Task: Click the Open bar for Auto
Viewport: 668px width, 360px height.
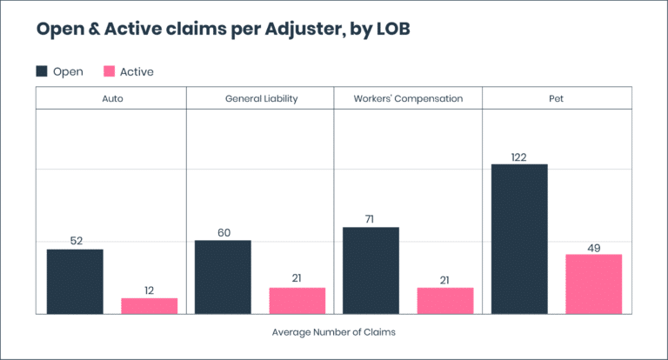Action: coord(75,281)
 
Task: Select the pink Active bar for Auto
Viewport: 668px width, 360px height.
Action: coord(149,305)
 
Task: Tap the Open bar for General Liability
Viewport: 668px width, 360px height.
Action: coord(223,277)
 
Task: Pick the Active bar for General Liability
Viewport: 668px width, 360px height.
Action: coord(297,300)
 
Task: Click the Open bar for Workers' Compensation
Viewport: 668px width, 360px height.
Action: coord(371,270)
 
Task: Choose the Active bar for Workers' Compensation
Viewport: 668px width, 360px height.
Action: coord(445,300)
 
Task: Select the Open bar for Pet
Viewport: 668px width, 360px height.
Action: coord(519,238)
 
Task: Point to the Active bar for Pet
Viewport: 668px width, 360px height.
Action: coord(594,283)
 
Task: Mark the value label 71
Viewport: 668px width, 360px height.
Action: coord(371,219)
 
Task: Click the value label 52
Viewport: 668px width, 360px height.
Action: coord(75,241)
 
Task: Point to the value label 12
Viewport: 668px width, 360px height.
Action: coord(149,290)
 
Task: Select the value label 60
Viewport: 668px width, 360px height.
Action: coord(223,232)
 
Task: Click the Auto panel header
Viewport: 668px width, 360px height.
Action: coord(111,99)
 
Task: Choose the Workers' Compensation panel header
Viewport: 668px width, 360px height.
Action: coord(408,99)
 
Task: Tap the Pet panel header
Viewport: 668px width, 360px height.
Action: coord(557,99)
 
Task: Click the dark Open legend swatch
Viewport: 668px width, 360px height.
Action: coord(42,71)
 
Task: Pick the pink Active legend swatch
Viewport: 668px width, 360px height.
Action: coord(110,71)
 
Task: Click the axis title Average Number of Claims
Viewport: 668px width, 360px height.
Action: coord(333,331)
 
